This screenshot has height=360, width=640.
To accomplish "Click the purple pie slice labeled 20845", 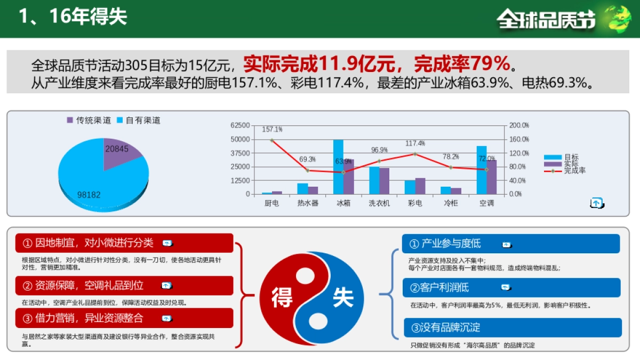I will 120,155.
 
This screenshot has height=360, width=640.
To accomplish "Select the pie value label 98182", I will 89,195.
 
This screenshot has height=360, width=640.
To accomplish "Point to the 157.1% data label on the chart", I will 272,130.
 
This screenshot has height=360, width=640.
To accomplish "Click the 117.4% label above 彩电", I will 415,143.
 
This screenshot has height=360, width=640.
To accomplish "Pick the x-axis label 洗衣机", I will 379,203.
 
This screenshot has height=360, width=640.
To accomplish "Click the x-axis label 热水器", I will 308,203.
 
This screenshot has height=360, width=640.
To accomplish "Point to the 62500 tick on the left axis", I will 240,125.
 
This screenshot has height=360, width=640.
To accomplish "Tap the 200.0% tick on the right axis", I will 519,125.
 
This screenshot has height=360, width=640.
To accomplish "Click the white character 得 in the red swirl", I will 282,297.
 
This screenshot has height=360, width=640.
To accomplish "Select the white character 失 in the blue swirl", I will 343,297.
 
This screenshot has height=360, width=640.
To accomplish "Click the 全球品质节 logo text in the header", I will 546,20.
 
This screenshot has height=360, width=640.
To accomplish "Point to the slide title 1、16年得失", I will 73,17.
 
